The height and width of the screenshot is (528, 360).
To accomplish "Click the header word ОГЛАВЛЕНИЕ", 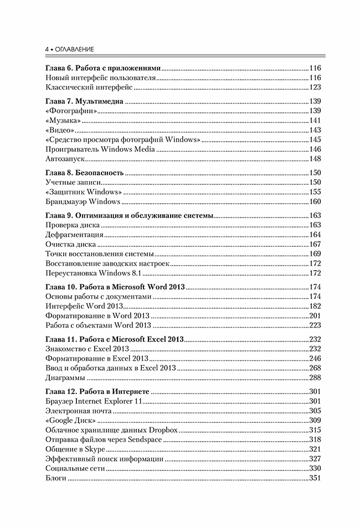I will (x=73, y=49).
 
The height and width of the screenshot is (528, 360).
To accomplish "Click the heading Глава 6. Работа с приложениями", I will (x=103, y=68).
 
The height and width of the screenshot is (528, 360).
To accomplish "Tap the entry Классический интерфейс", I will (x=89, y=87).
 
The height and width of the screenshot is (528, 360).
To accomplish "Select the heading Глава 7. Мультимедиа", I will (x=84, y=101).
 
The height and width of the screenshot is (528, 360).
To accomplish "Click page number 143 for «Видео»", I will (x=315, y=130).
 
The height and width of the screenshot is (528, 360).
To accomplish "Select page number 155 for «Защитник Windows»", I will (x=315, y=192).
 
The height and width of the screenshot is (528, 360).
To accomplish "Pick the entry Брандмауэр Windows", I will (x=83, y=202).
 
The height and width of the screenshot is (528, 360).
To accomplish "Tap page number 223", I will (x=315, y=325).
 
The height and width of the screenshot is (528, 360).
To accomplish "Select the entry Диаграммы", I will (x=65, y=377).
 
